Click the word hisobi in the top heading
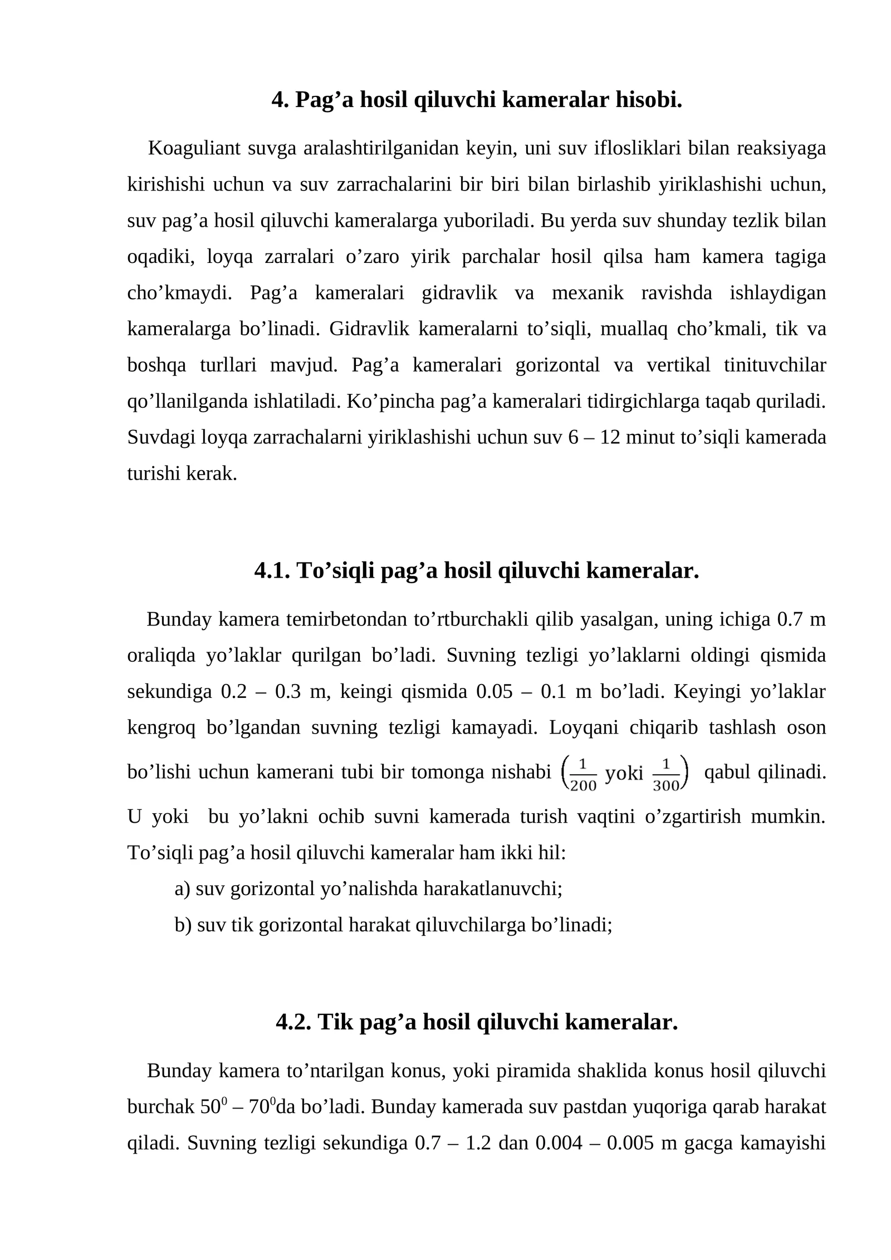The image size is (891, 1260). (x=649, y=100)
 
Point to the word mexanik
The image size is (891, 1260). (x=588, y=293)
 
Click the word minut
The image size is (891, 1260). (x=649, y=438)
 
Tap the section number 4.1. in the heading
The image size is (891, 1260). (x=272, y=571)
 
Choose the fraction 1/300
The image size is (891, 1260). (x=666, y=774)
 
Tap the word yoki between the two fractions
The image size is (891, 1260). (x=624, y=773)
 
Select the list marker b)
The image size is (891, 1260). (x=183, y=925)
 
